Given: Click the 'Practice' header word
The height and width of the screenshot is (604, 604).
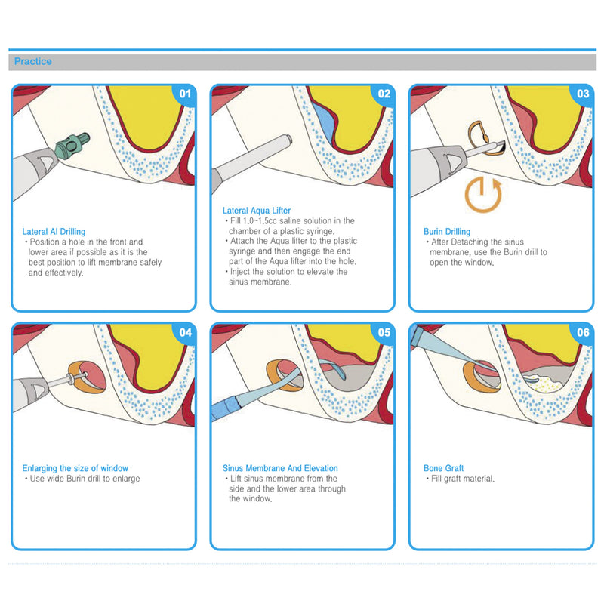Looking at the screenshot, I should (33, 61).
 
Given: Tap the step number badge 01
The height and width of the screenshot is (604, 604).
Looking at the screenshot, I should (183, 94).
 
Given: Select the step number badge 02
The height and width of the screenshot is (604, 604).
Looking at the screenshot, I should (383, 94).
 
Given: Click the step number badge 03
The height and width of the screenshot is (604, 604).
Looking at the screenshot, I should (582, 94).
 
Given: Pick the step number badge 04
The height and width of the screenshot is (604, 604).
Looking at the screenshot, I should (183, 333).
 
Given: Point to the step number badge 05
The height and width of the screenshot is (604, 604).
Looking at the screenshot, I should (383, 333).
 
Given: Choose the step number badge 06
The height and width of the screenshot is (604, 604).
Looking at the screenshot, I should (582, 333).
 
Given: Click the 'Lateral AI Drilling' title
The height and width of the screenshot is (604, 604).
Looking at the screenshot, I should (54, 232).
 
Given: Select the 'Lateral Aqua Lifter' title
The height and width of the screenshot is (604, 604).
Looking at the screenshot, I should (257, 211).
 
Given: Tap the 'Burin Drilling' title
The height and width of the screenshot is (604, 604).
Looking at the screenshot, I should (447, 232).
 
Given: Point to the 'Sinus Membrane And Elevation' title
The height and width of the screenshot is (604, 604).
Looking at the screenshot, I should (280, 468).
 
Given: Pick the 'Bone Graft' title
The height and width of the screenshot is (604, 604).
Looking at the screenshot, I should (444, 468).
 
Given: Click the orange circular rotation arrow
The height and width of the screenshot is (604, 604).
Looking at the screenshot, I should (482, 193).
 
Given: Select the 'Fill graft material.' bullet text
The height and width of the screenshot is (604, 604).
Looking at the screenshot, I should (462, 479).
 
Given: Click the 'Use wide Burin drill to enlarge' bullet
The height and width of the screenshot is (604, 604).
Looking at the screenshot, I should (84, 479).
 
